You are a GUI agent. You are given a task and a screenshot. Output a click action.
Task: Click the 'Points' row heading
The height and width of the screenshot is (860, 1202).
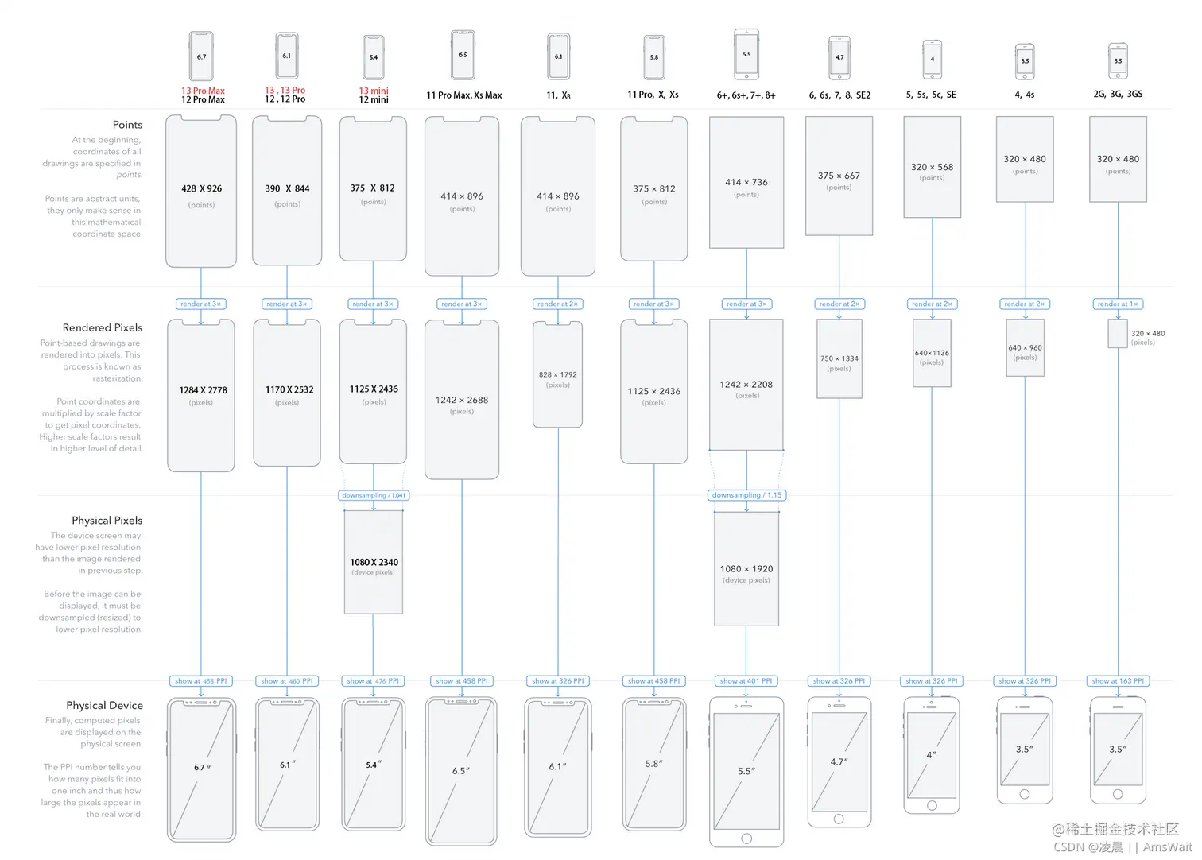pyautogui.click(x=127, y=125)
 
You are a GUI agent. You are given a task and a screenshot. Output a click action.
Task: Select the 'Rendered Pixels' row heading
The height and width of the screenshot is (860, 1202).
pyautogui.click(x=103, y=327)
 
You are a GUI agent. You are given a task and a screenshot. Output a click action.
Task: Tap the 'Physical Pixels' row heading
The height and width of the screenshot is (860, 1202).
pyautogui.click(x=107, y=521)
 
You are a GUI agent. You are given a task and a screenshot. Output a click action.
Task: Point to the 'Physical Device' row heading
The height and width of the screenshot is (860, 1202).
pyautogui.click(x=104, y=705)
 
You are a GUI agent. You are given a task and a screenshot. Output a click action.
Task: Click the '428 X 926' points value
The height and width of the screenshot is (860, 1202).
pyautogui.click(x=201, y=188)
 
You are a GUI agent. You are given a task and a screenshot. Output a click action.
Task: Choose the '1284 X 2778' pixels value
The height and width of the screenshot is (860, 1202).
pyautogui.click(x=203, y=390)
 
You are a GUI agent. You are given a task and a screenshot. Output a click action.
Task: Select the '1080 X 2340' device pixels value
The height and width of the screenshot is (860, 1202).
pyautogui.click(x=374, y=562)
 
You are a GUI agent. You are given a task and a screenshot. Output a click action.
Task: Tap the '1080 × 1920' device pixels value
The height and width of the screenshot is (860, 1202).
pyautogui.click(x=746, y=569)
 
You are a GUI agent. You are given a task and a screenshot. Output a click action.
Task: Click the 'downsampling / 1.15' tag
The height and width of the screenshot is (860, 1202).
pyautogui.click(x=746, y=495)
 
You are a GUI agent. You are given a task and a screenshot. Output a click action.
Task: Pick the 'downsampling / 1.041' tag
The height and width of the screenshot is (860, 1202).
pyautogui.click(x=374, y=495)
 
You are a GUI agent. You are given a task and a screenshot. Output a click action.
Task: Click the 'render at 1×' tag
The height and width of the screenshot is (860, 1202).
pyautogui.click(x=1118, y=304)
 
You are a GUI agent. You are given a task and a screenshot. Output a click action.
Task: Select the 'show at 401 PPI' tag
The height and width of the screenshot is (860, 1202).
pyautogui.click(x=746, y=681)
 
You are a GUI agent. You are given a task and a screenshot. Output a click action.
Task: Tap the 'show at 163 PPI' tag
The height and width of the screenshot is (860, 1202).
pyautogui.click(x=1118, y=681)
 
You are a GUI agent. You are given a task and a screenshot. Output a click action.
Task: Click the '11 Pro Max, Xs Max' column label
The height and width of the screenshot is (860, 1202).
pyautogui.click(x=463, y=95)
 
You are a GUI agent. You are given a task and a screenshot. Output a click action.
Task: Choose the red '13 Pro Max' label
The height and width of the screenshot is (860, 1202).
pyautogui.click(x=203, y=91)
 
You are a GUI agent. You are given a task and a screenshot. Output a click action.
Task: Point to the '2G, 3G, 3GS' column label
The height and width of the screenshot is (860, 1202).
pyautogui.click(x=1118, y=94)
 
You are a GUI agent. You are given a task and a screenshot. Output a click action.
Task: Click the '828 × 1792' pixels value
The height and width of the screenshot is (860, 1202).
pyautogui.click(x=557, y=374)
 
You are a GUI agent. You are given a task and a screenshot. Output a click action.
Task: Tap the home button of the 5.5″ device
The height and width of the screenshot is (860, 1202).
pyautogui.click(x=746, y=839)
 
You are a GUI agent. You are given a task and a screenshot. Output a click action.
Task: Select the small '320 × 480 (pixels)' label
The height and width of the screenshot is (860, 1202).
pyautogui.click(x=1147, y=338)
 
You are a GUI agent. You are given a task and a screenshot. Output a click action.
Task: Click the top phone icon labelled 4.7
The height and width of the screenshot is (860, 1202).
pyautogui.click(x=839, y=58)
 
